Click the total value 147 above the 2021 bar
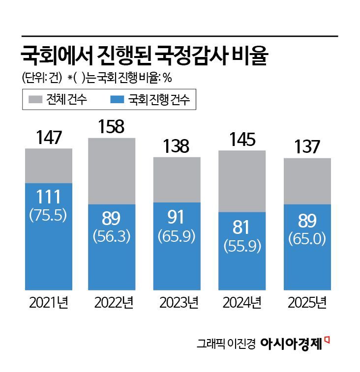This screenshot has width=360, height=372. pos(49,138)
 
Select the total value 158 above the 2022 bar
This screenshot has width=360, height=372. pos(112,127)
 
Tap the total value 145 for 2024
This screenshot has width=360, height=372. pos(242,140)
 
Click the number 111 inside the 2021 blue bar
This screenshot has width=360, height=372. pos(48,197)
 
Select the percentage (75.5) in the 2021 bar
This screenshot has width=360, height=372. pos(48,216)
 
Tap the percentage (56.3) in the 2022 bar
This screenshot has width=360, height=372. pos(111,236)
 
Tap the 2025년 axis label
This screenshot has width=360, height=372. pos(307,303)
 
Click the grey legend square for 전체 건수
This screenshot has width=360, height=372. pos(35,100)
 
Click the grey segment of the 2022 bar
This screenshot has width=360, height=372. pos(112,171)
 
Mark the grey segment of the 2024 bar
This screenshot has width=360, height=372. pos(242,181)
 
